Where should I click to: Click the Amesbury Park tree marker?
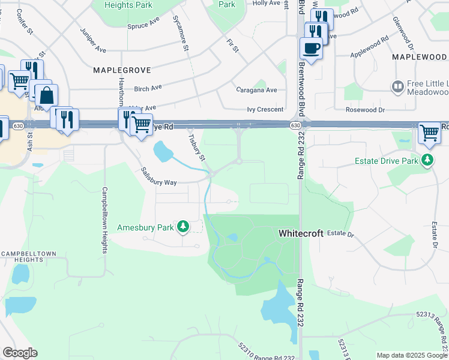tap(183, 227)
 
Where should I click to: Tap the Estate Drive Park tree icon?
tap(427, 160)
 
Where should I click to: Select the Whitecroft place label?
tap(301, 233)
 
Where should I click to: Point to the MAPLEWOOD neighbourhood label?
tap(419, 56)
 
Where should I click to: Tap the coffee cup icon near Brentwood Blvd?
tap(311, 48)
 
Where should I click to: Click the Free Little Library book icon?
tap(397, 87)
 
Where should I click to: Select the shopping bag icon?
tap(46, 95)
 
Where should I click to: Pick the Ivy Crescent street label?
tap(264, 110)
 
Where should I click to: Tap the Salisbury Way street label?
tap(159, 177)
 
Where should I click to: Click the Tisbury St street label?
tap(197, 146)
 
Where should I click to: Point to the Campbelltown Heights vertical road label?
tap(104, 221)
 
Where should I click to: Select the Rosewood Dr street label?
tap(365, 110)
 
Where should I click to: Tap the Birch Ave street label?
tap(148, 88)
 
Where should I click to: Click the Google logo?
tap(20, 353)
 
